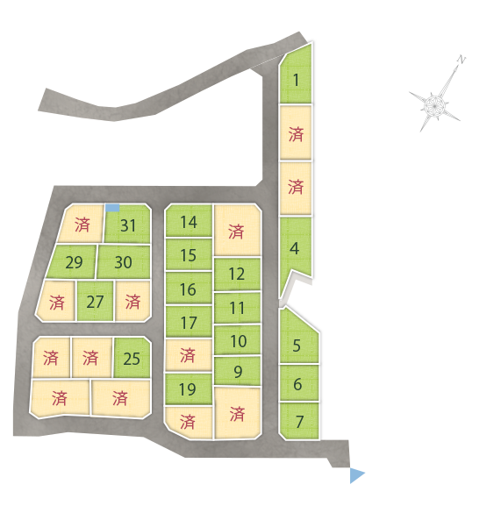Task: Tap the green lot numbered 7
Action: pos(299,421)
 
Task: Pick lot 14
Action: pos(189,221)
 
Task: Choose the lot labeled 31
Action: pos(128,224)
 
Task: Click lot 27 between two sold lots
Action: pos(96,301)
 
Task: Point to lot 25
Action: pos(132,358)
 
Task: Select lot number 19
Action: pos(189,388)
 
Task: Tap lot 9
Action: pos(238,371)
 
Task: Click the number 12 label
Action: pos(237,274)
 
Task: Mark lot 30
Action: pos(124,261)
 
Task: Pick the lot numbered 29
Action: pos(73,261)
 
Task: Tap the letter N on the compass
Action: pos(462,60)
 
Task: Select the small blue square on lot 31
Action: pos(112,208)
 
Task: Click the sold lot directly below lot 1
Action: pos(296,132)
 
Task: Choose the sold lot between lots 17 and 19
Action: pos(189,354)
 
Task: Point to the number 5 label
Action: pos(297,346)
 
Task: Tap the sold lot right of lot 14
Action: pos(237,231)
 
